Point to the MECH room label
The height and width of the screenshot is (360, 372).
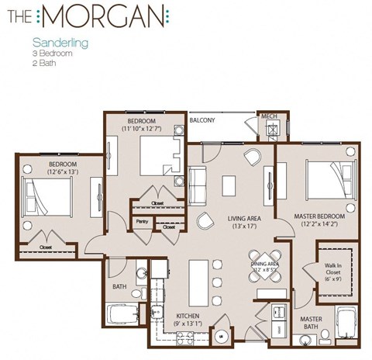(x=269, y=116)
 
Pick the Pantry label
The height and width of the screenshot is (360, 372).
(x=142, y=221)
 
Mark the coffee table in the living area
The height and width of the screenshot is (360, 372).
(x=228, y=186)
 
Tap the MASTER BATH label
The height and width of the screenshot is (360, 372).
(x=311, y=321)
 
